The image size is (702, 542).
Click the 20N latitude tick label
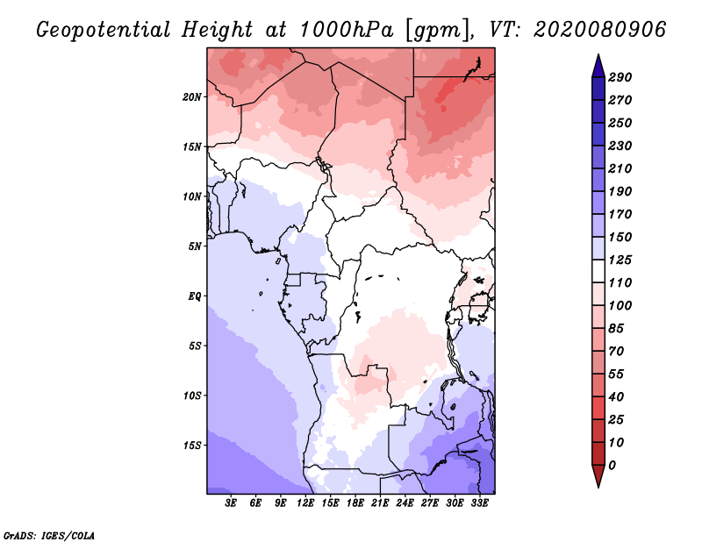coord(191,97)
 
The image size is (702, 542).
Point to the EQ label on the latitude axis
coord(194,296)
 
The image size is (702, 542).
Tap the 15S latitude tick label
coord(192,446)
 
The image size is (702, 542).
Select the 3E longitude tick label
coord(231,503)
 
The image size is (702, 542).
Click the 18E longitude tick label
coord(355,503)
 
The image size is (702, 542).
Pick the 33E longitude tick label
coord(479,503)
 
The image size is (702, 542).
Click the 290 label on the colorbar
coord(620,77)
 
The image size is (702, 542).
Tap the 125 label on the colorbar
coord(620,260)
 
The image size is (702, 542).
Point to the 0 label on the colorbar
coord(612,466)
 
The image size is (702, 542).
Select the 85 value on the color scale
coord(616,329)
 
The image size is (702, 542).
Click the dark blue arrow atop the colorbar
coord(598,67)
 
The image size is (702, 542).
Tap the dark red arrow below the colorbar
coord(598,475)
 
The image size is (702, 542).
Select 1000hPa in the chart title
coord(346,30)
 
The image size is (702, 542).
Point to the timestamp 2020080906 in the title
coord(599,30)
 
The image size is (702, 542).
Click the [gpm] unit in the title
coord(438,31)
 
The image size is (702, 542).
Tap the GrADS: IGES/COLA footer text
coord(49,535)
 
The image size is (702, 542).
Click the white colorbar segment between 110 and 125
coord(598,271)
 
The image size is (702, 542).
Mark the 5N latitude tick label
coord(195,246)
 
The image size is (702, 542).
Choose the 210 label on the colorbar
coord(620,168)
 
